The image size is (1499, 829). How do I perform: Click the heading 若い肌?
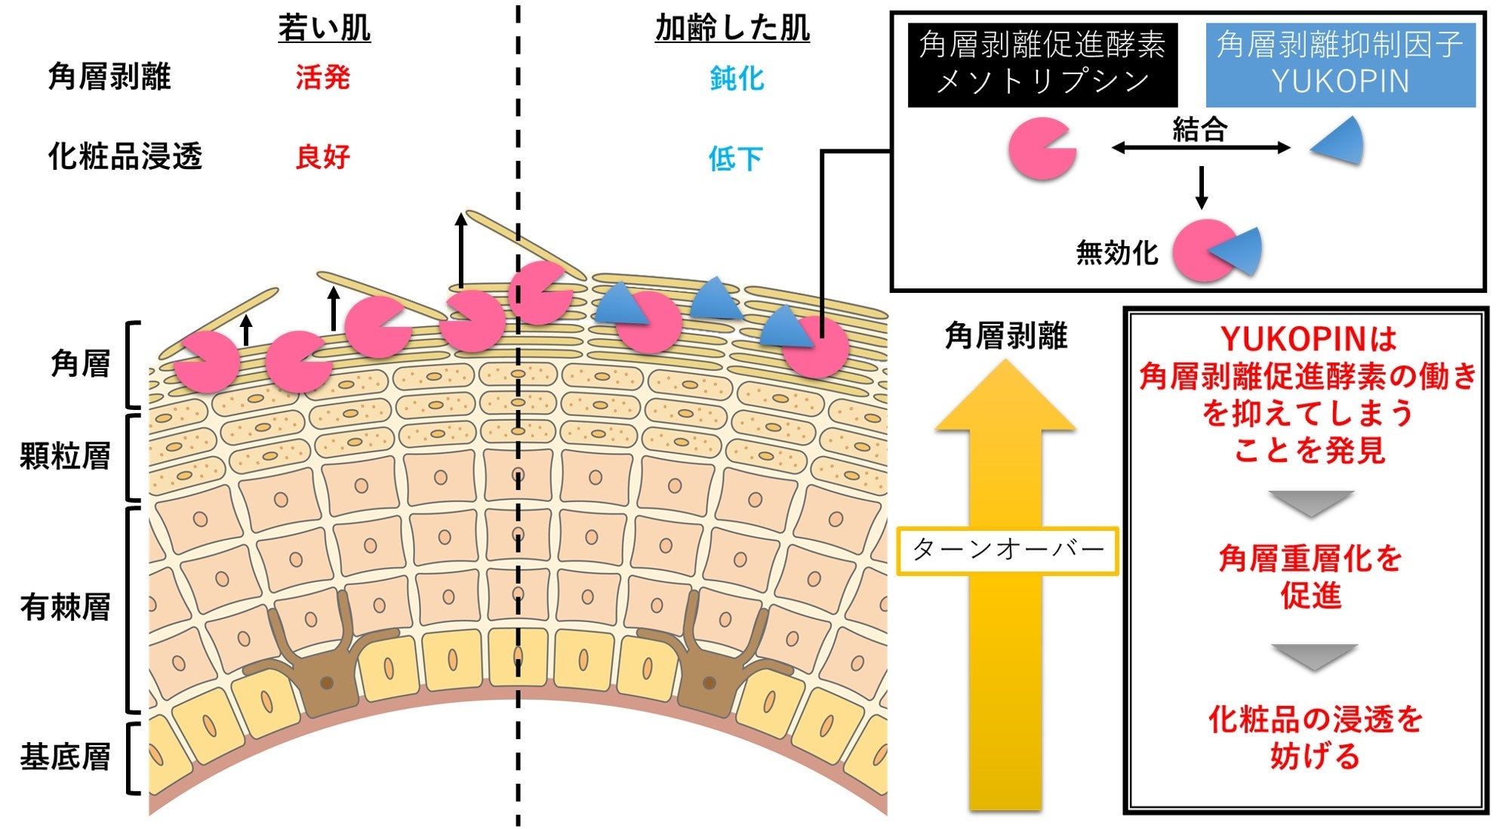[324, 29]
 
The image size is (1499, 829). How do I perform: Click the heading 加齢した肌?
[731, 29]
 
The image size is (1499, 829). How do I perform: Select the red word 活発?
[322, 77]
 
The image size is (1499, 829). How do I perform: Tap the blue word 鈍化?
[737, 78]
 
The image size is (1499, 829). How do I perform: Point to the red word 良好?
[322, 157]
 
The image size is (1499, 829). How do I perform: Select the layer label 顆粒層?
[65, 456]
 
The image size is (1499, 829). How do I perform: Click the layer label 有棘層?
[65, 606]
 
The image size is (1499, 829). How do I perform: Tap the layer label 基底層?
[65, 757]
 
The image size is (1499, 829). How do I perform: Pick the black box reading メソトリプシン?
[1042, 64]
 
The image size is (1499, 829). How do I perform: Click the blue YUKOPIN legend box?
[1340, 64]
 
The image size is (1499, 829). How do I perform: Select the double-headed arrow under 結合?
[1200, 148]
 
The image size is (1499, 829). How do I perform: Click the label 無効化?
[1116, 252]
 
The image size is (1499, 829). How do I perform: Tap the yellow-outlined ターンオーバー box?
[1007, 550]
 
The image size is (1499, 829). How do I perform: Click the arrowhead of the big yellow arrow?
[1005, 396]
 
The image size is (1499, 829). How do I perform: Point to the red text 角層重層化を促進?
[1310, 576]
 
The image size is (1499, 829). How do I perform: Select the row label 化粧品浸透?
[125, 156]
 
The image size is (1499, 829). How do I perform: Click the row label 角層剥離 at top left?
[109, 77]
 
